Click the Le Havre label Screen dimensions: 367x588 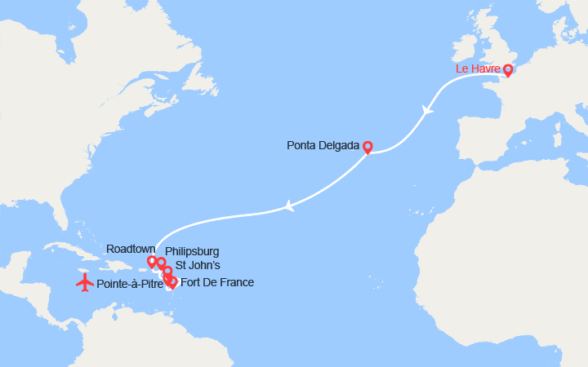478,69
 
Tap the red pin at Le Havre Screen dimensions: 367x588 508,70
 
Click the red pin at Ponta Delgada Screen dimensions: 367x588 367,147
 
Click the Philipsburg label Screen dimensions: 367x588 192,250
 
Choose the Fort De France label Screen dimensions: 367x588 216,282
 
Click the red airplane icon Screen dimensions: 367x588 84,283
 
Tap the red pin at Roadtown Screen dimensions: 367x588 152,262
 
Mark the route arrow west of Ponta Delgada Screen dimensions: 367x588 288,207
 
